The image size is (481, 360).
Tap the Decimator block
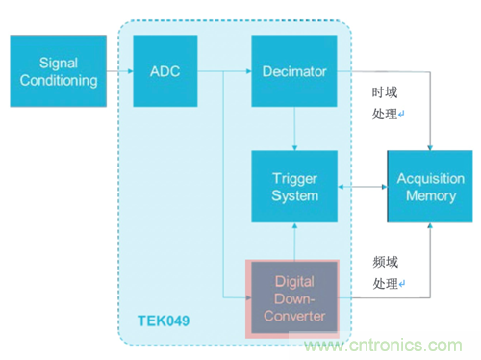coord(293,70)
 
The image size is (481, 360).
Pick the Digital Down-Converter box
coord(293,297)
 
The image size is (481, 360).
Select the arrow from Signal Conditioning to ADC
coord(117,70)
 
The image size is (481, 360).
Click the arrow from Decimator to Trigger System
coord(293,128)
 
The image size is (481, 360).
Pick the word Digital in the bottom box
coord(293,283)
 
